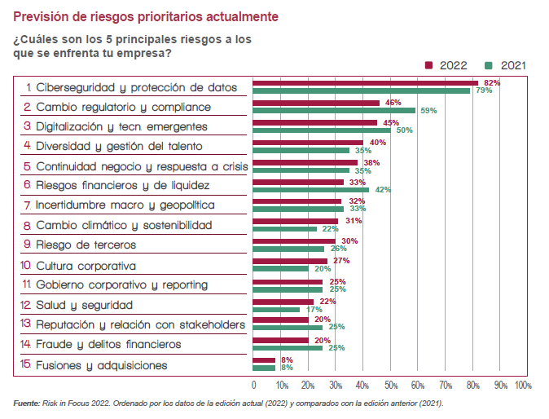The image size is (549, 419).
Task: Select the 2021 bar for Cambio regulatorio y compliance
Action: (334, 109)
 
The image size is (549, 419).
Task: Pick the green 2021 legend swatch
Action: (490, 65)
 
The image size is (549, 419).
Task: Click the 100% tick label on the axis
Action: (523, 385)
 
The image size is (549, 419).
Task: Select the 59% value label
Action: (428, 110)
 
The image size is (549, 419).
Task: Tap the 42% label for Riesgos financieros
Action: (382, 189)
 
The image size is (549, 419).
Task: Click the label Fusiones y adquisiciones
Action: (101, 365)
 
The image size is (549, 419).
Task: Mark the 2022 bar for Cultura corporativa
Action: (290, 261)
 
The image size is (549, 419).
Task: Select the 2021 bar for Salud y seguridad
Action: (276, 308)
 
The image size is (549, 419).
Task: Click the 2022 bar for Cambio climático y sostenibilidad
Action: (296, 221)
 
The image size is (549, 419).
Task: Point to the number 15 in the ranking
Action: (25, 365)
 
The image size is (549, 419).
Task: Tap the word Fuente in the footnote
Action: (26, 404)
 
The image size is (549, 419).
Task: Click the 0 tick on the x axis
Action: (253, 385)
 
